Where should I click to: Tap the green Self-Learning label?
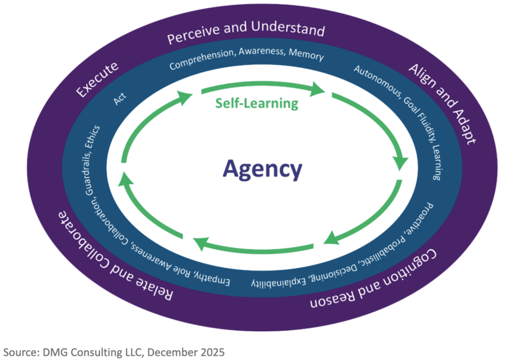pos(257,103)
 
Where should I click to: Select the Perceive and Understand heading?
pos(246,32)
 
